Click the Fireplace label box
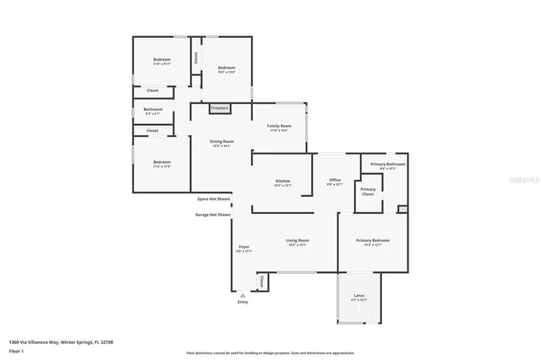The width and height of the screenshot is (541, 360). coord(219,108)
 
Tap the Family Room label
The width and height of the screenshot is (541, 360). coord(279,128)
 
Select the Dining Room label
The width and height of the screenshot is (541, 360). coord(222,143)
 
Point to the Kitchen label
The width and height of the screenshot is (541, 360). coord(283,183)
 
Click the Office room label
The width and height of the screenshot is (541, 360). coord(334,182)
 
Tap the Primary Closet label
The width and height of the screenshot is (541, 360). coord(369,191)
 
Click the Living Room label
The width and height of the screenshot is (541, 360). coord(296,242)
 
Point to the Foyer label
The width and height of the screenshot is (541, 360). coord(243,248)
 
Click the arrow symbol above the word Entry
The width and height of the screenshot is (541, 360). coord(243,294)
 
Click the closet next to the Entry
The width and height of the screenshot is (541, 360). coord(261,281)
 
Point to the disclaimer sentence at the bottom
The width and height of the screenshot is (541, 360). coord(270,352)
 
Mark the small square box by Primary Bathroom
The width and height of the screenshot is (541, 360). coord(402,209)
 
